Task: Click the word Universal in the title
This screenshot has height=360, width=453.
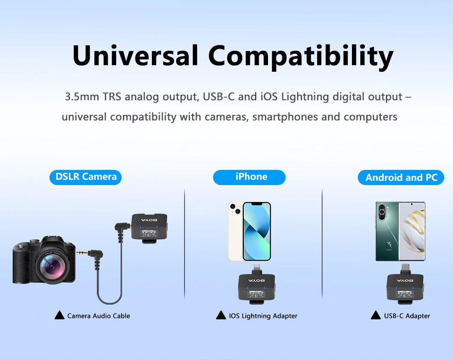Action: [x=135, y=55]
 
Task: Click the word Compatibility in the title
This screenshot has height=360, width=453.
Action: [x=301, y=57]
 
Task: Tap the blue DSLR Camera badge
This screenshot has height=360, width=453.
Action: [x=86, y=177]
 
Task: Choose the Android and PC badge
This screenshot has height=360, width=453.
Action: [x=401, y=177]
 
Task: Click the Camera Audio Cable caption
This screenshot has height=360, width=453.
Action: [x=99, y=316]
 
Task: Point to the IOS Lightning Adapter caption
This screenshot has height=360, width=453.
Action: [x=263, y=316]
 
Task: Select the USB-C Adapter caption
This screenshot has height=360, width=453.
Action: [x=407, y=316]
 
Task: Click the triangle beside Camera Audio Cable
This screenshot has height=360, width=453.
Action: [x=60, y=315]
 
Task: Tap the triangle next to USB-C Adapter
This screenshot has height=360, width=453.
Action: [x=376, y=315]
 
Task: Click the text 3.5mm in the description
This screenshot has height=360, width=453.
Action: [x=82, y=97]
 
